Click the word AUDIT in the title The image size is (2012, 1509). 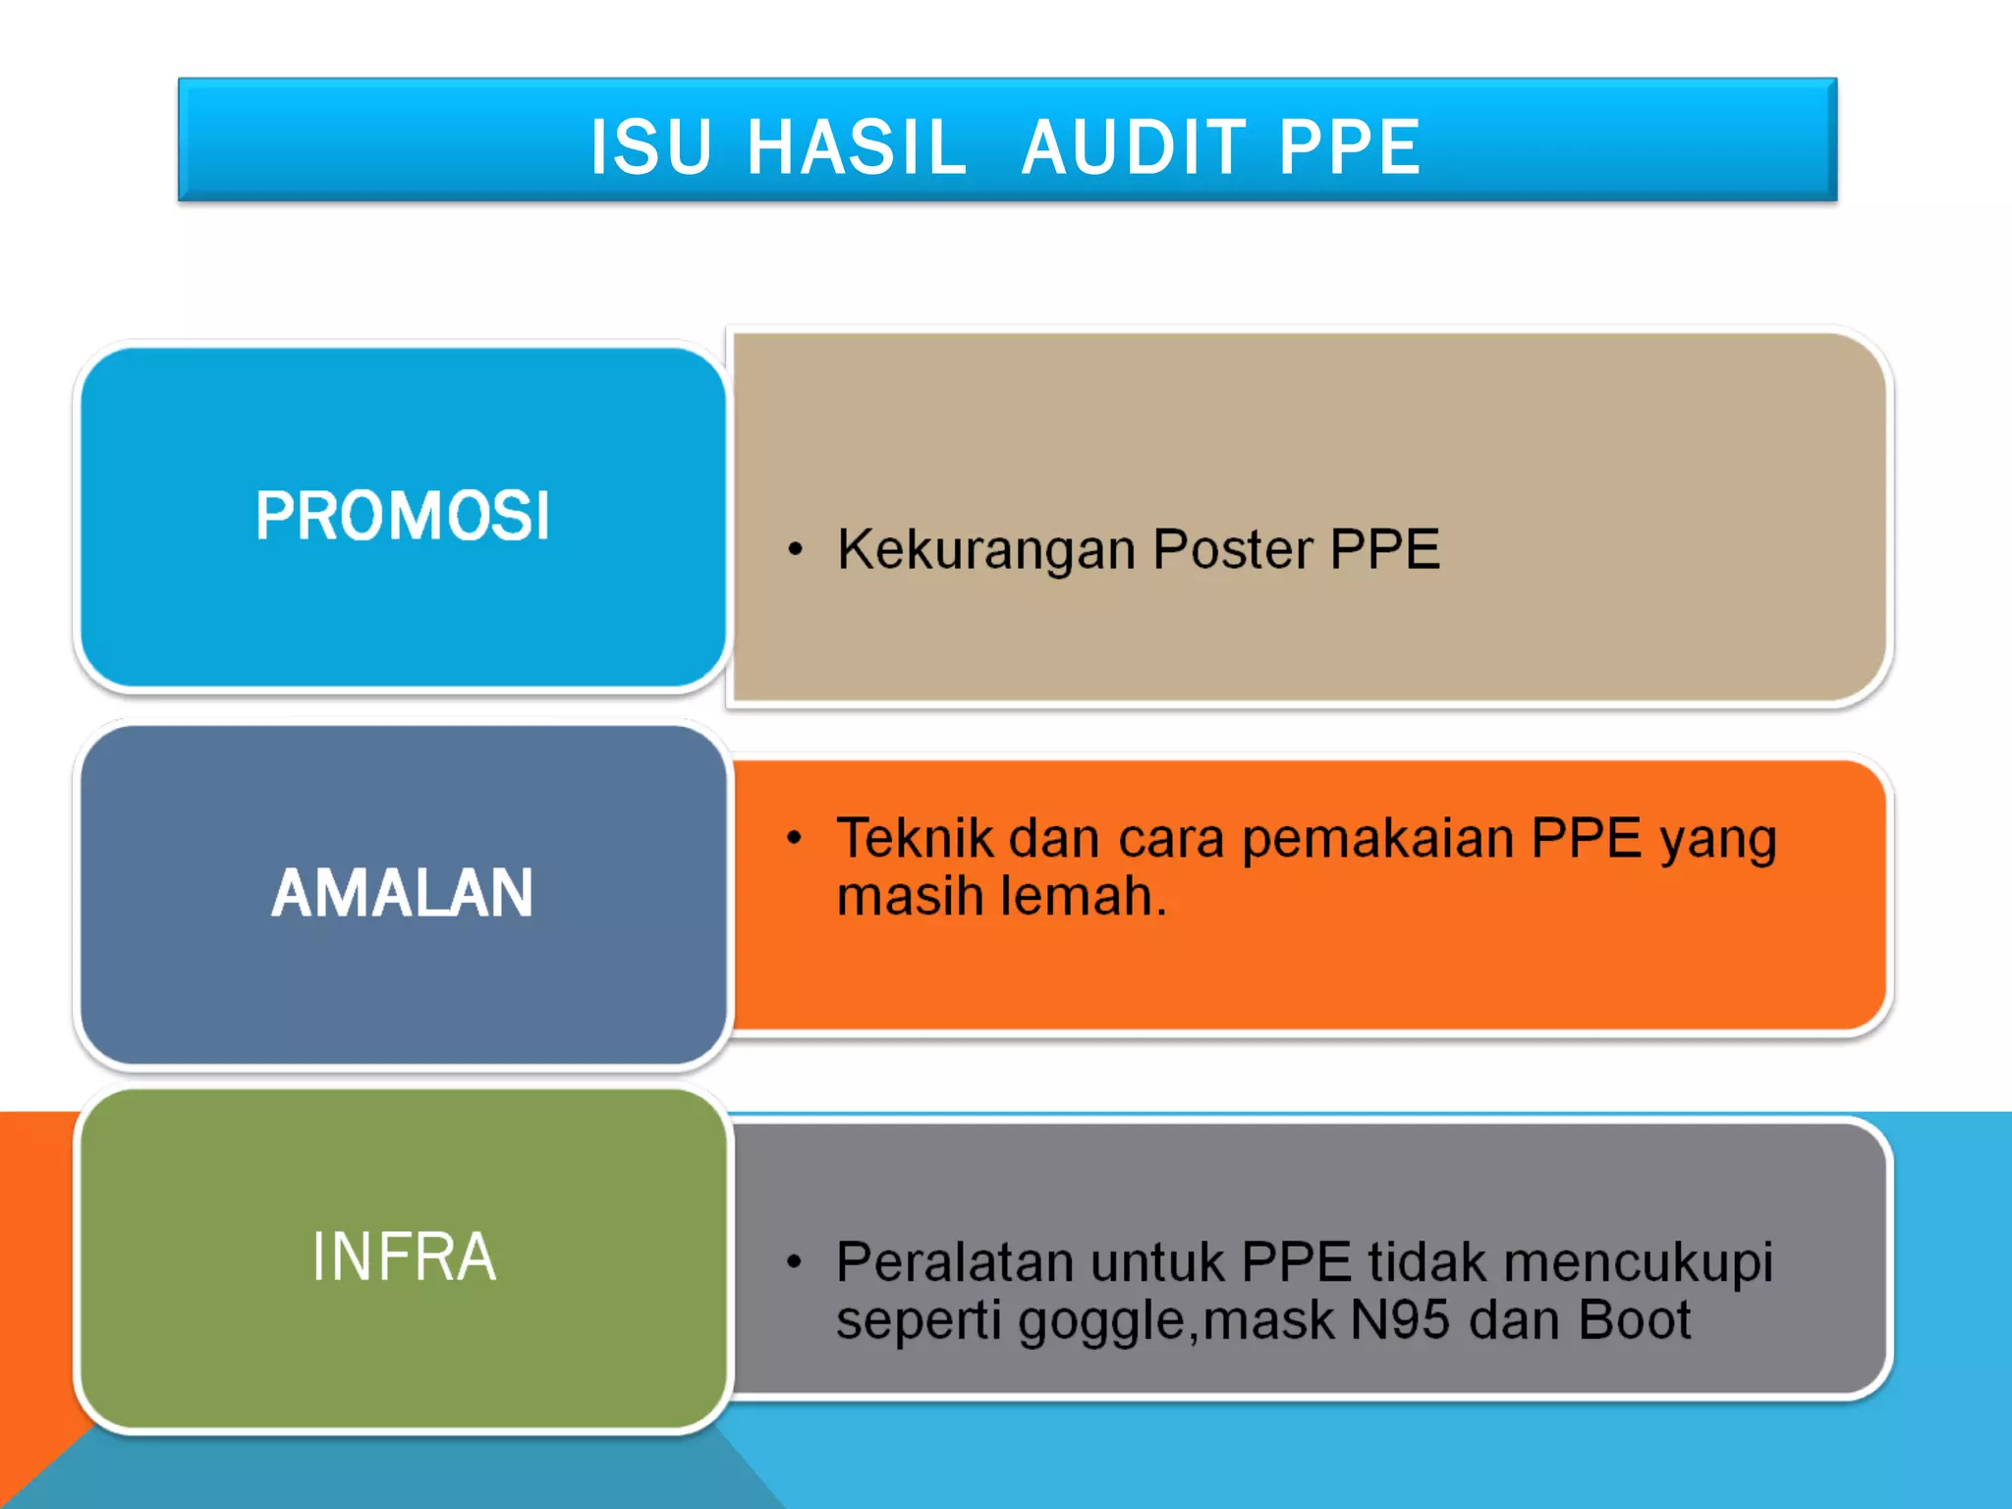click(1133, 147)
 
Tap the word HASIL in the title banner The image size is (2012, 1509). click(857, 147)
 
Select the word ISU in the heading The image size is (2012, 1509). click(650, 147)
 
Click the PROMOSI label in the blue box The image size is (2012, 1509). click(403, 516)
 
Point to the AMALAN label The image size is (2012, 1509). click(403, 893)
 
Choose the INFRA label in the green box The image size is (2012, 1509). click(404, 1257)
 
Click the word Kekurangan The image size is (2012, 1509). click(986, 549)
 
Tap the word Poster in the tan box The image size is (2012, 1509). click(1232, 549)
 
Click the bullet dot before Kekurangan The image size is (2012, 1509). click(796, 550)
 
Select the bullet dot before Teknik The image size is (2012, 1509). click(795, 838)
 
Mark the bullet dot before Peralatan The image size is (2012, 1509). click(795, 1262)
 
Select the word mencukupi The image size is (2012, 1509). click(1639, 1264)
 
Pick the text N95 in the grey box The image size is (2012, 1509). click(1399, 1319)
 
